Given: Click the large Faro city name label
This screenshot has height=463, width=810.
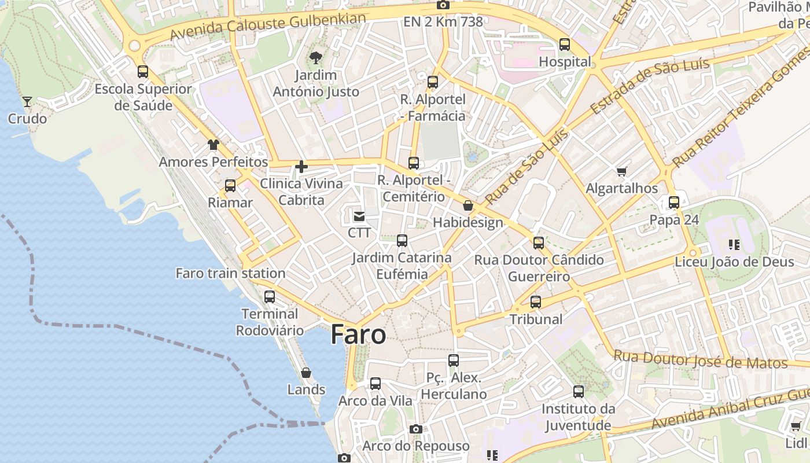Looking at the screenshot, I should pyautogui.click(x=358, y=335).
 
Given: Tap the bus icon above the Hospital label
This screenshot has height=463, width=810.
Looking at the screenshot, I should pyautogui.click(x=564, y=44).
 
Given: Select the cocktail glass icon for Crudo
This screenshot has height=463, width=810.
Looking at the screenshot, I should pyautogui.click(x=27, y=102).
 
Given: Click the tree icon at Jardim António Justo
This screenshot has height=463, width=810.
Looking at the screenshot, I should pyautogui.click(x=315, y=57).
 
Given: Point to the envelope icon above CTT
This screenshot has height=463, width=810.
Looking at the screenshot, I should pyautogui.click(x=359, y=216).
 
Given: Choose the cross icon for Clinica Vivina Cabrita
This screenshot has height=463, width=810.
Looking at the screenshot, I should pyautogui.click(x=301, y=167).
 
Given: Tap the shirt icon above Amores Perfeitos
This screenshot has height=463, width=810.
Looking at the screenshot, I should pyautogui.click(x=213, y=145).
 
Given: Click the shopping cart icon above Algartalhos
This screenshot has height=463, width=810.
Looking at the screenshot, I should pyautogui.click(x=621, y=171).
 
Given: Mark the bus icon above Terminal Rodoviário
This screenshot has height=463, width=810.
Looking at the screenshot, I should pyautogui.click(x=270, y=297).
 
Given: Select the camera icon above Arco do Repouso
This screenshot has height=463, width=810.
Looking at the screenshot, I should pyautogui.click(x=415, y=429).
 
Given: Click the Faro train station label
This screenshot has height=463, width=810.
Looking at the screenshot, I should pyautogui.click(x=230, y=273).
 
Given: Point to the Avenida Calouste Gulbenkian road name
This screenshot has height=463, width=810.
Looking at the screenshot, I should pyautogui.click(x=268, y=27).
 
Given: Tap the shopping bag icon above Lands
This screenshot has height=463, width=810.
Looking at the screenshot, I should pyautogui.click(x=306, y=373).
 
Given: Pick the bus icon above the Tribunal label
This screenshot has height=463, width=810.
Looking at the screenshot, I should pyautogui.click(x=536, y=302).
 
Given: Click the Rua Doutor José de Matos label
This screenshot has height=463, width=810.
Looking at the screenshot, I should pyautogui.click(x=700, y=360).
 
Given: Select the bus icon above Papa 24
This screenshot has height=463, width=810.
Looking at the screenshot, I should pyautogui.click(x=674, y=203).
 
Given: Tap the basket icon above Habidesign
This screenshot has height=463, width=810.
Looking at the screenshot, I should pyautogui.click(x=467, y=205).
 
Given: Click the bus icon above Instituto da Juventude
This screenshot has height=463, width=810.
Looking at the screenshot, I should pyautogui.click(x=578, y=392).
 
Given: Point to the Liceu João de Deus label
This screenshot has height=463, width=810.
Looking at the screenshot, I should pyautogui.click(x=734, y=262).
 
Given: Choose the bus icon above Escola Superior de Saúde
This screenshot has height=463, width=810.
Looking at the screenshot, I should pyautogui.click(x=143, y=72).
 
